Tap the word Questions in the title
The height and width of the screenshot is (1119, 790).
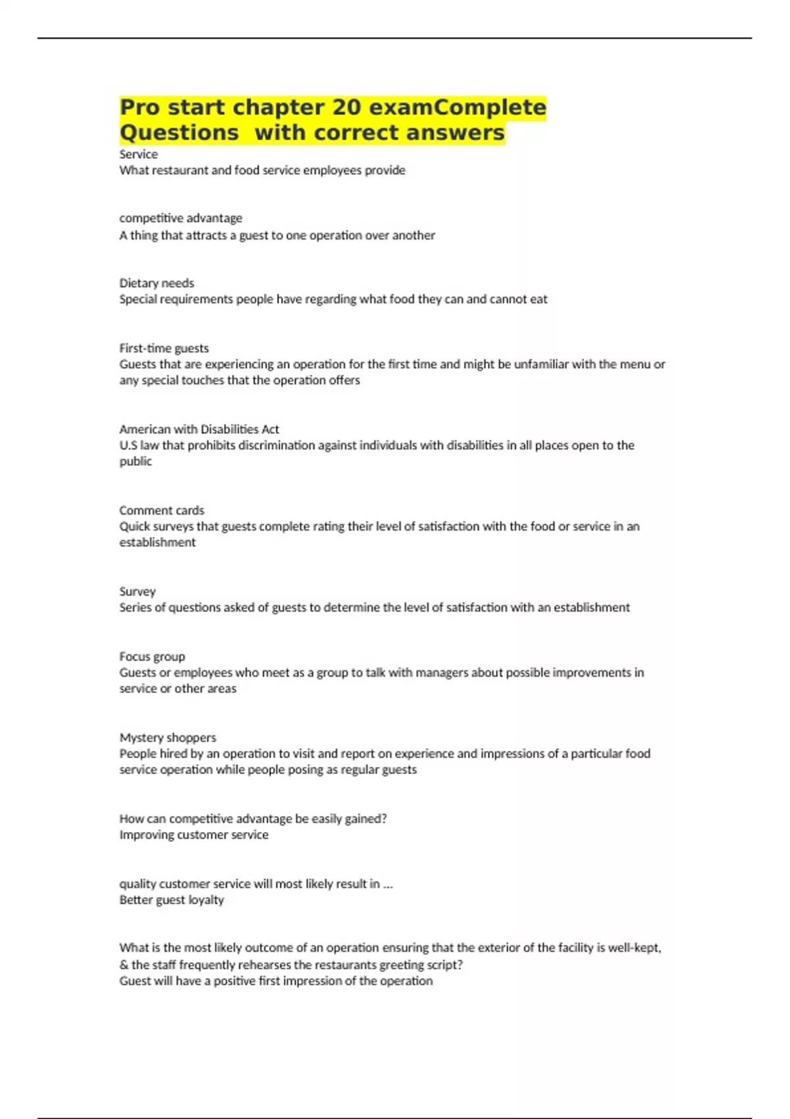pyautogui.click(x=179, y=133)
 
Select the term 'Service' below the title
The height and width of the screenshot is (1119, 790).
pyautogui.click(x=138, y=154)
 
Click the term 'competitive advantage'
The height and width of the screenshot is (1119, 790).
pyautogui.click(x=180, y=218)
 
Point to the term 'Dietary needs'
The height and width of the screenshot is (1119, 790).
pyautogui.click(x=157, y=283)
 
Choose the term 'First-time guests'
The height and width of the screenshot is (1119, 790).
pyautogui.click(x=164, y=348)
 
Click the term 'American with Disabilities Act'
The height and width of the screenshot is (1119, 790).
pyautogui.click(x=199, y=429)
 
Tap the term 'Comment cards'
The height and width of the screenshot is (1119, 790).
pyautogui.click(x=161, y=510)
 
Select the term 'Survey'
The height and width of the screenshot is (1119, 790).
pyautogui.click(x=138, y=591)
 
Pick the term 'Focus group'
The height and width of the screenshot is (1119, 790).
pyautogui.click(x=152, y=656)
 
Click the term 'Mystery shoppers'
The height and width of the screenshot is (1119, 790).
pyautogui.click(x=167, y=737)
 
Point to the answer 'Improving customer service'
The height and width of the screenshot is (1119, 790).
pyautogui.click(x=194, y=835)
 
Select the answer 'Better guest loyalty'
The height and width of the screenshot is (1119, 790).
pyautogui.click(x=171, y=900)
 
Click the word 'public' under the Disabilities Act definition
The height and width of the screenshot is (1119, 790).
pyautogui.click(x=136, y=461)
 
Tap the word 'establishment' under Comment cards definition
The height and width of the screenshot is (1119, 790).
pyautogui.click(x=157, y=542)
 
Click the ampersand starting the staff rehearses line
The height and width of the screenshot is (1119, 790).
pyautogui.click(x=123, y=965)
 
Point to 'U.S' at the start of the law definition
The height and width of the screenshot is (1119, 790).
pyautogui.click(x=128, y=446)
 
